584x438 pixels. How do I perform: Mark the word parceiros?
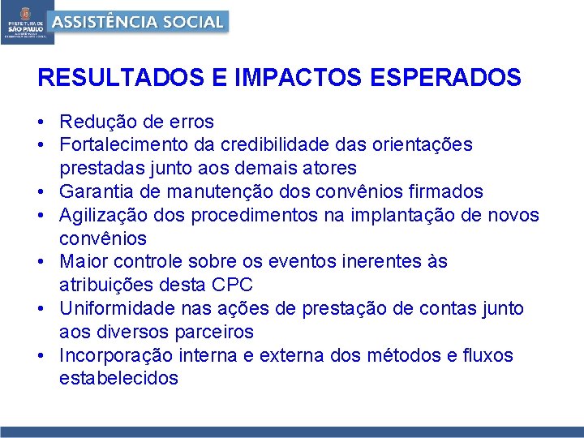pos(214,332)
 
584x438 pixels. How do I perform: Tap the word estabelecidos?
pos(118,379)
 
